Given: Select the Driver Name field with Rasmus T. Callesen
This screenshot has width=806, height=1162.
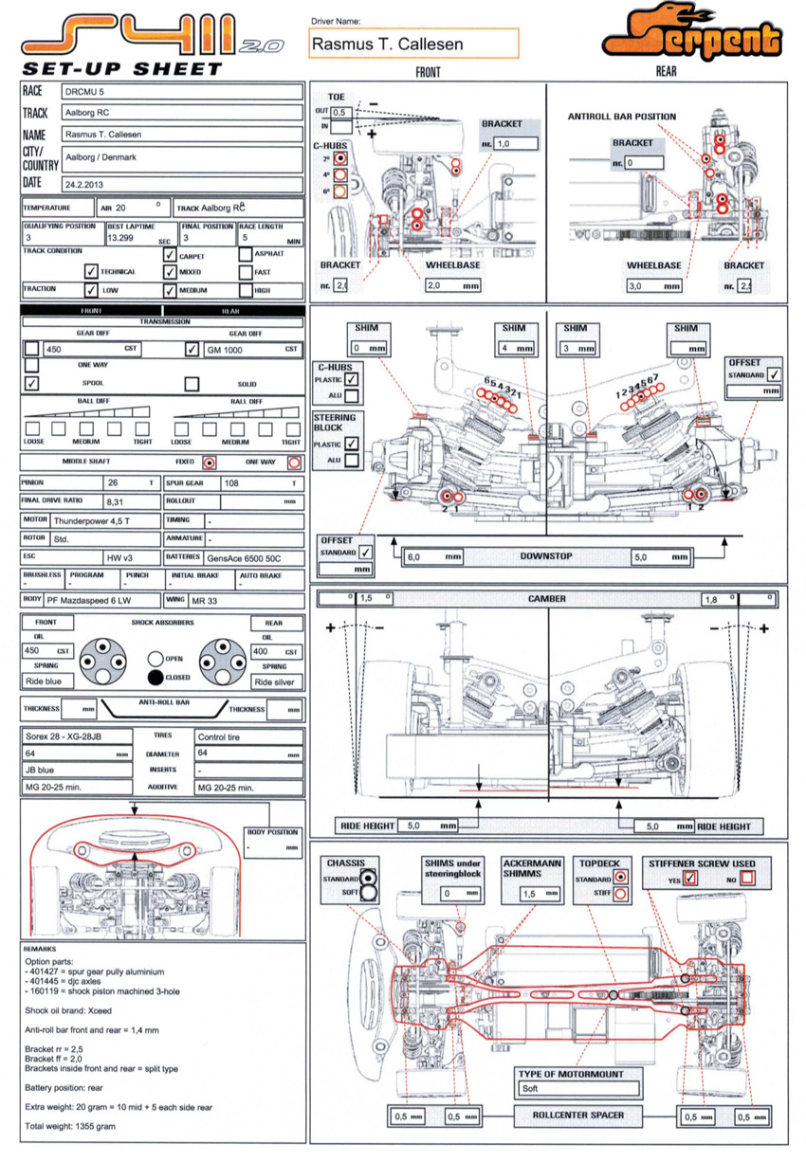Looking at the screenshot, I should [413, 44].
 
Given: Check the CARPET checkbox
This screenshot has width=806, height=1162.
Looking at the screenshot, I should [170, 255].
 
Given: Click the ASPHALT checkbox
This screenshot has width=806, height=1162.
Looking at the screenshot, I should [246, 255].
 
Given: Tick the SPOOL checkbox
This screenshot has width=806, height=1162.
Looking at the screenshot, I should [32, 384].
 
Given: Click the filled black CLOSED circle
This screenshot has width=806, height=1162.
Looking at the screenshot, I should [156, 677].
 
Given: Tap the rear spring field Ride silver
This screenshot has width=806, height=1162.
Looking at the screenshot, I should [277, 681].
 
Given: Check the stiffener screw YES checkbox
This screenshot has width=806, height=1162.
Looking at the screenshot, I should [690, 879].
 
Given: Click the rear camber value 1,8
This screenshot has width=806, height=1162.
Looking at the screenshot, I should [719, 599].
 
